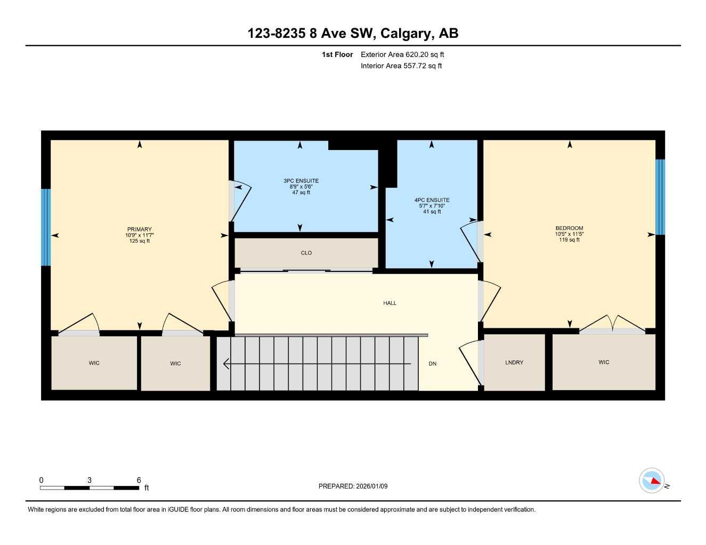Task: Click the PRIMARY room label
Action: click(139, 229)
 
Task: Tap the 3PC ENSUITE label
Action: click(301, 181)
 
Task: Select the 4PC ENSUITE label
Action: click(432, 200)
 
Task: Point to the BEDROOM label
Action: click(569, 228)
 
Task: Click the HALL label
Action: click(389, 303)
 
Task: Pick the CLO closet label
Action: click(306, 253)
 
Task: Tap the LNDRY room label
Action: click(514, 362)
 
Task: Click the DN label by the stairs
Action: click(433, 364)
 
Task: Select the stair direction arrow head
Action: click(226, 364)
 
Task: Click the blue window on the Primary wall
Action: click(46, 227)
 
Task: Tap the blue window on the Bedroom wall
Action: click(660, 197)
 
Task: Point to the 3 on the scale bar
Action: click(89, 480)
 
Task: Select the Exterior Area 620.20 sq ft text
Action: click(402, 54)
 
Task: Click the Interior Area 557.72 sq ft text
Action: click(401, 66)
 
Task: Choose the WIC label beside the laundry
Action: click(604, 362)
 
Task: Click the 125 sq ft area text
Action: click(139, 241)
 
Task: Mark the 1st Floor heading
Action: click(337, 54)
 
